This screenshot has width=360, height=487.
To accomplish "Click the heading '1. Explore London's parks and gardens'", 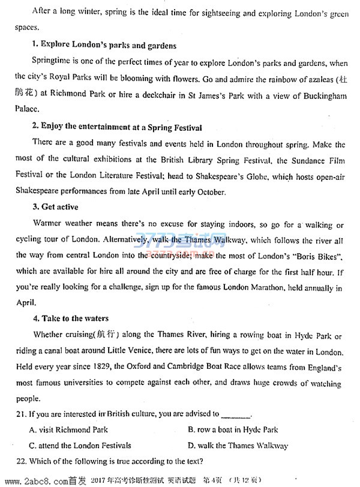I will [104, 46].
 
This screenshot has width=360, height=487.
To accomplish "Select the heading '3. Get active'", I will [55, 208].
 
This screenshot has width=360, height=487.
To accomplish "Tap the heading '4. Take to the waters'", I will [71, 318].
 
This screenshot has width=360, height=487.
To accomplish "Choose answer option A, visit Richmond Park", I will [68, 430].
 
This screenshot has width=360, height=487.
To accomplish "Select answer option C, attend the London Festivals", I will [79, 446].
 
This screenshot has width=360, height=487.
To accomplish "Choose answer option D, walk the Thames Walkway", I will [238, 446].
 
